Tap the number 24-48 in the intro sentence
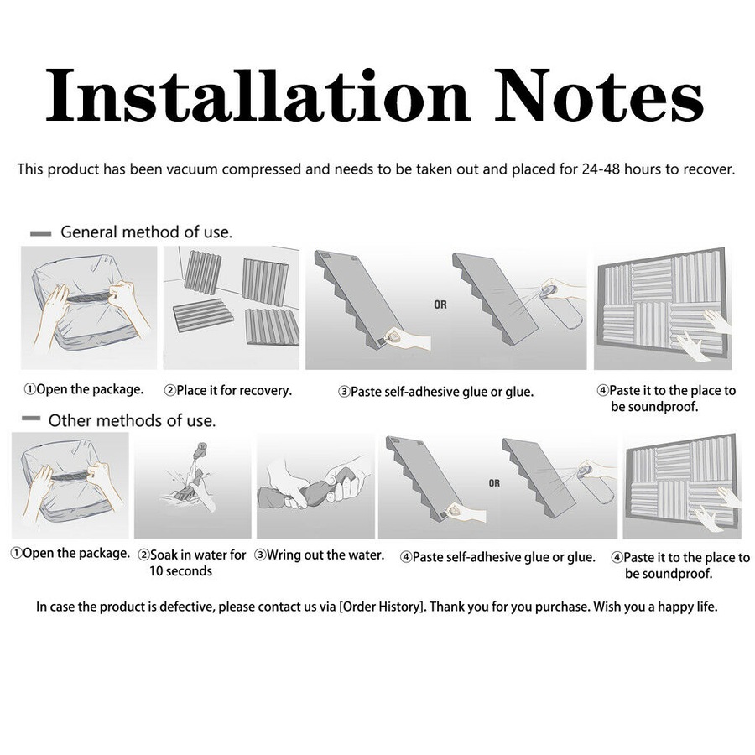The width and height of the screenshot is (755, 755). [601, 169]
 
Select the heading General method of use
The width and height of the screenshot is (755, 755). [146, 232]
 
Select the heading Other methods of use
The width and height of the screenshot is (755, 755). [132, 421]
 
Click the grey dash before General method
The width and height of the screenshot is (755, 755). [41, 233]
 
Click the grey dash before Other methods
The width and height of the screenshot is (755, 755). [31, 419]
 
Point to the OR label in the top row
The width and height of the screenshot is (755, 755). [440, 305]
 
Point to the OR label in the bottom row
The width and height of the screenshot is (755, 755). [494, 483]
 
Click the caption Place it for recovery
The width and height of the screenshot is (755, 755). [228, 390]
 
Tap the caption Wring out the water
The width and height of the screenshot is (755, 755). [320, 555]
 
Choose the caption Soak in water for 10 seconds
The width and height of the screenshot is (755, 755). [192, 563]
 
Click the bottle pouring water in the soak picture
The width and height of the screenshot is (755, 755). [199, 452]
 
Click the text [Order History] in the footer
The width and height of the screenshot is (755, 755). [383, 607]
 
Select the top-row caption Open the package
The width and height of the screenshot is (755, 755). [84, 389]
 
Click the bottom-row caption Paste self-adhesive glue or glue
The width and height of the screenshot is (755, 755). [497, 557]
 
